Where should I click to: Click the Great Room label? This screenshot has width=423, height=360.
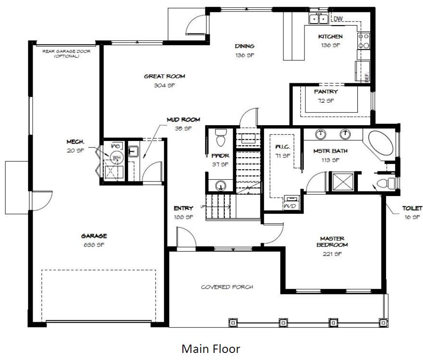pyautogui.click(x=164, y=77)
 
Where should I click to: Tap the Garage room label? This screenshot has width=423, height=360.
pyautogui.click(x=94, y=236)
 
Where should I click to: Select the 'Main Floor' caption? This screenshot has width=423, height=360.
pyautogui.click(x=211, y=349)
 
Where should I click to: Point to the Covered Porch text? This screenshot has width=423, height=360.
pyautogui.click(x=227, y=287)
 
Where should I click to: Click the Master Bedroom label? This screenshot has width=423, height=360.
pyautogui.click(x=332, y=241)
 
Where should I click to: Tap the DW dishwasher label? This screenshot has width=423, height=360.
pyautogui.click(x=338, y=19)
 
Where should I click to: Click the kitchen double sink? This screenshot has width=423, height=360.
pyautogui.click(x=318, y=19)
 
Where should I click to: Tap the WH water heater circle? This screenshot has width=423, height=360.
pyautogui.click(x=116, y=157)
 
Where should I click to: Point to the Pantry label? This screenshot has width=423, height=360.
pyautogui.click(x=326, y=92)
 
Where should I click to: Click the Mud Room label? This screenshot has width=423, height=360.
pyautogui.click(x=183, y=119)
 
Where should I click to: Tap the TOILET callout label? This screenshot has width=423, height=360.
pyautogui.click(x=412, y=208)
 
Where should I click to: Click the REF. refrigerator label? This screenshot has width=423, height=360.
pyautogui.click(x=366, y=78)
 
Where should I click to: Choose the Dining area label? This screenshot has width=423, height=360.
pyautogui.click(x=245, y=46)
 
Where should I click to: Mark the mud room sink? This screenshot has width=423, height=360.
pyautogui.click(x=134, y=152)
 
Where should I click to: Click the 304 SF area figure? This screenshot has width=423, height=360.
pyautogui.click(x=164, y=85)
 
